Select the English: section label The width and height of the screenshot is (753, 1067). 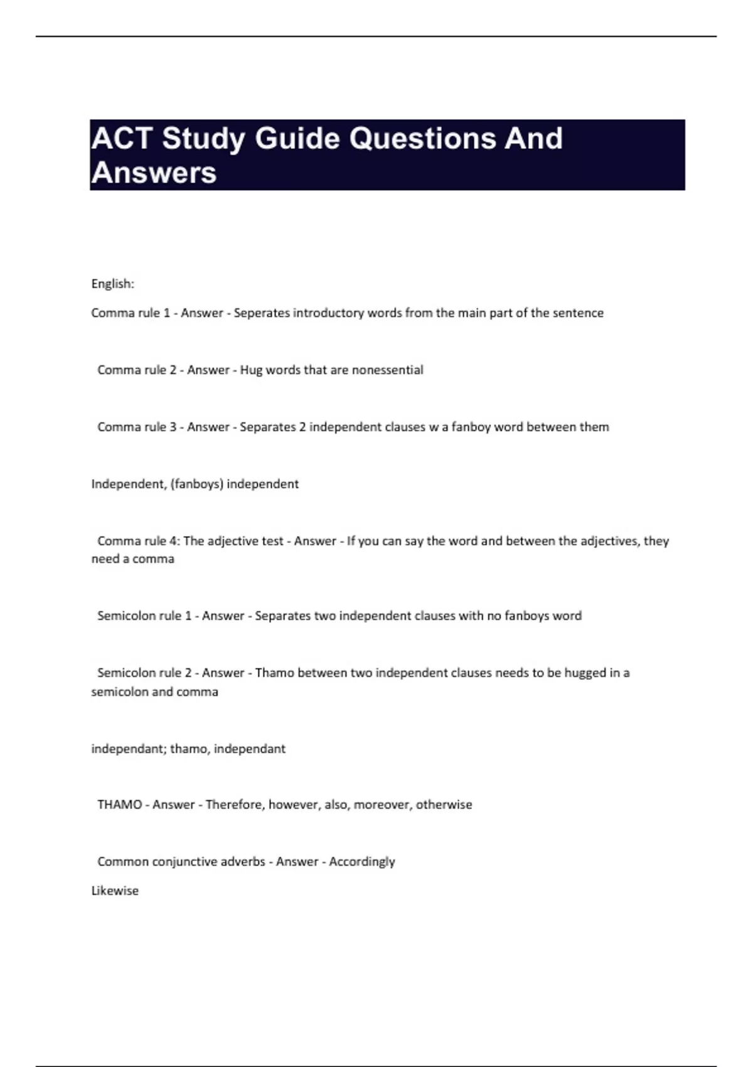[x=113, y=284]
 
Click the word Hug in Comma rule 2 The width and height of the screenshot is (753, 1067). [x=251, y=370]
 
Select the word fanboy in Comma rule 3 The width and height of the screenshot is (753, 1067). [x=471, y=427]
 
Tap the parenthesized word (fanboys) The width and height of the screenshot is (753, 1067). [x=196, y=484]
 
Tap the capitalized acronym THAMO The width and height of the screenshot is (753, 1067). [x=120, y=805]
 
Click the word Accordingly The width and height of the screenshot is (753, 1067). [x=362, y=862]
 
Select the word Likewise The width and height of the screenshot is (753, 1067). [x=115, y=891]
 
